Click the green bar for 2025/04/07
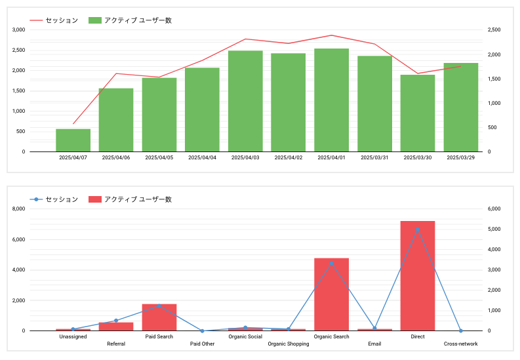73,140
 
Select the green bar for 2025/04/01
331,100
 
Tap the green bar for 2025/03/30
418,113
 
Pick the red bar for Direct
418,276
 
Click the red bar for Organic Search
331,294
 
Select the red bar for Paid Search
159,317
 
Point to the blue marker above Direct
418,230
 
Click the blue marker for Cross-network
460,331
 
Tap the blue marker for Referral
116,321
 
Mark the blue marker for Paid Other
203,331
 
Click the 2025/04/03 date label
245,157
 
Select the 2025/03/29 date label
460,157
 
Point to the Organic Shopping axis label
289,344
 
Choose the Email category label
374,344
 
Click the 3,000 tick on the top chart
18,30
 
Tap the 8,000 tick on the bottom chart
18,209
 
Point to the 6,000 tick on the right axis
494,209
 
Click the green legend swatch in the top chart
95,20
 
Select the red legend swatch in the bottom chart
95,199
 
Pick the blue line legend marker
36,199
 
